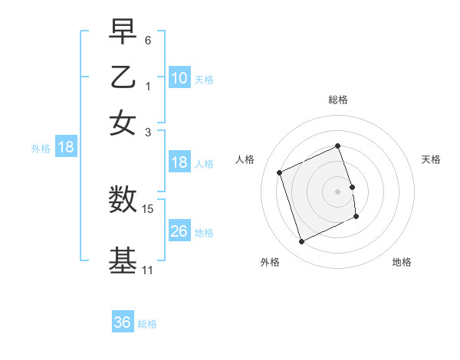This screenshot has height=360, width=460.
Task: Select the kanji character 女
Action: pos(123,123)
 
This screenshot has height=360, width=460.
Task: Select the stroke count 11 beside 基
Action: pos(147,270)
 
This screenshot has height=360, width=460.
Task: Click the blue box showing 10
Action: pos(179,77)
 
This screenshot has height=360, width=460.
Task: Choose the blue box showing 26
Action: pos(179,231)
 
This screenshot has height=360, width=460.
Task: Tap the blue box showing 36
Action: pos(122,322)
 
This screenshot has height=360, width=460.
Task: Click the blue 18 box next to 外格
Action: pos(65,147)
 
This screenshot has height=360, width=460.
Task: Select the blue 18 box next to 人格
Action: pos(179,162)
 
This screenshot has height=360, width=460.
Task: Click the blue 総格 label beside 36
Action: pos(147,324)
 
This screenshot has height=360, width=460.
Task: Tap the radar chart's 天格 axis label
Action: pos(432,159)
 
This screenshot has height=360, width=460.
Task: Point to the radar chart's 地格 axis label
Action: pos(402,263)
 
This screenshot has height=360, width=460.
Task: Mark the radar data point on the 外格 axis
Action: pos(301,242)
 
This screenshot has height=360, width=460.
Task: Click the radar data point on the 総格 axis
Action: pos(338,146)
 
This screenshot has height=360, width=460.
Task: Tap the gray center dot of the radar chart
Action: pos(338,191)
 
